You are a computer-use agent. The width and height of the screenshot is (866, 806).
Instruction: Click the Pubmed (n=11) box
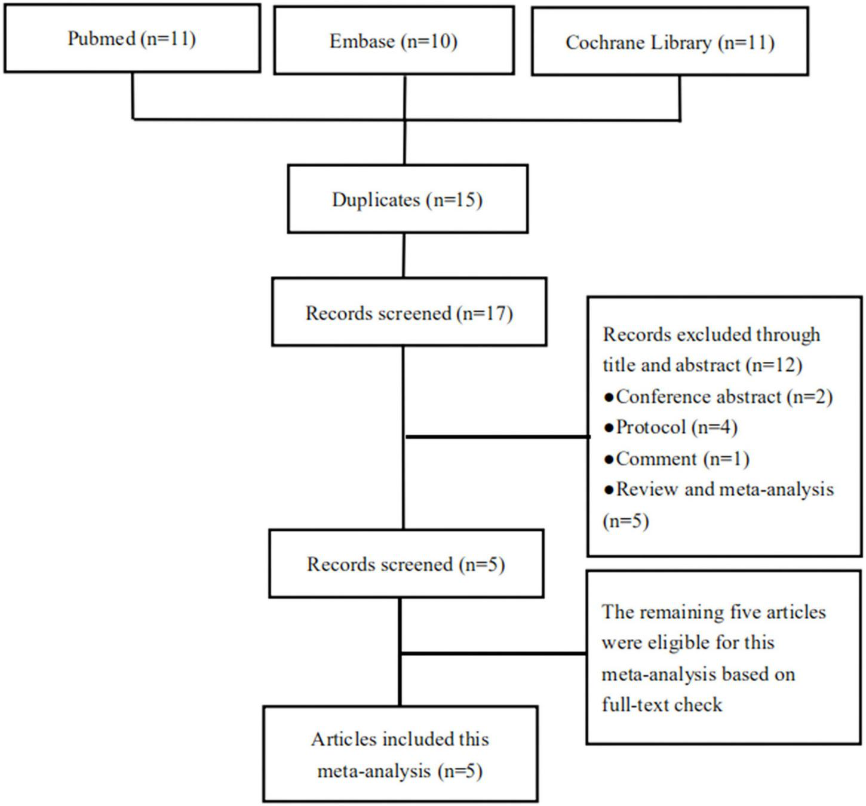pyautogui.click(x=132, y=39)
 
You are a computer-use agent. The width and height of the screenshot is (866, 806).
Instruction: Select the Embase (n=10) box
pyautogui.click(x=394, y=41)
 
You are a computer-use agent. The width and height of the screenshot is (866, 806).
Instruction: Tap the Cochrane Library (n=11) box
pyautogui.click(x=670, y=42)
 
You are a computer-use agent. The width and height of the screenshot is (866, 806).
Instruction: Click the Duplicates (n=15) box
pyautogui.click(x=407, y=199)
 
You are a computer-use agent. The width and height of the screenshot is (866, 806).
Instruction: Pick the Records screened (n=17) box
pyautogui.click(x=409, y=312)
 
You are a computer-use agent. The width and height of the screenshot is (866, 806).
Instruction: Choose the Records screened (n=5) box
pyautogui.click(x=406, y=564)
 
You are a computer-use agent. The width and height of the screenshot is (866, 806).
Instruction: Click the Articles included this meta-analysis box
pyautogui.click(x=400, y=755)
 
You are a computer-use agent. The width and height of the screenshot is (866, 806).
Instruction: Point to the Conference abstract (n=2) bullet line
pyautogui.click(x=718, y=396)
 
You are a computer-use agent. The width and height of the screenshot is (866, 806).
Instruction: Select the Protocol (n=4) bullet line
pyautogui.click(x=671, y=427)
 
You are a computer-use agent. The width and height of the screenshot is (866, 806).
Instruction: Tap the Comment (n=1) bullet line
pyautogui.click(x=677, y=459)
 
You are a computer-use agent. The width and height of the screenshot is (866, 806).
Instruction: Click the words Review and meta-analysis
pyautogui.click(x=724, y=490)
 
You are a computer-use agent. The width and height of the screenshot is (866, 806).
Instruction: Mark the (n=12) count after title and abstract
pyautogui.click(x=774, y=365)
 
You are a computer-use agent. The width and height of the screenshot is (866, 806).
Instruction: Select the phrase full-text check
pyautogui.click(x=662, y=705)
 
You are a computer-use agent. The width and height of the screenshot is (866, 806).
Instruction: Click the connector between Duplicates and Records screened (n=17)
pyautogui.click(x=404, y=255)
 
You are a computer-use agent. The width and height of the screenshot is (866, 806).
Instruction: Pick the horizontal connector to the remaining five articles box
pyautogui.click(x=493, y=654)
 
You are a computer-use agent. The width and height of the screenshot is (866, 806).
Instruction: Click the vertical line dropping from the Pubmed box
pyautogui.click(x=133, y=96)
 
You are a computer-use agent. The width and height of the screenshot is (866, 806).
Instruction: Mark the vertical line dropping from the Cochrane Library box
pyautogui.click(x=680, y=97)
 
